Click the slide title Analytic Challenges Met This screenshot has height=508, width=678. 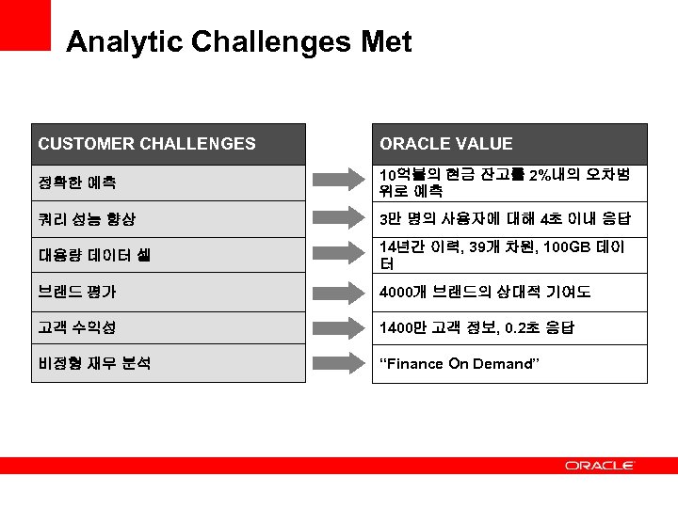tap(239, 42)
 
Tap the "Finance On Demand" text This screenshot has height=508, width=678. tap(460, 364)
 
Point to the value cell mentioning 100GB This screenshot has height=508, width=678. tap(508, 255)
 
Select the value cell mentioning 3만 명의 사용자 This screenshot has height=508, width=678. tap(508, 219)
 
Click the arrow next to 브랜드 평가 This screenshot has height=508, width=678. tap(339, 292)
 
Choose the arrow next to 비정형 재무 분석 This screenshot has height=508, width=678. tap(339, 364)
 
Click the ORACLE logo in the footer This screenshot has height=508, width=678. tap(600, 466)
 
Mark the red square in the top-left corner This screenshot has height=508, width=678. tap(24, 24)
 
